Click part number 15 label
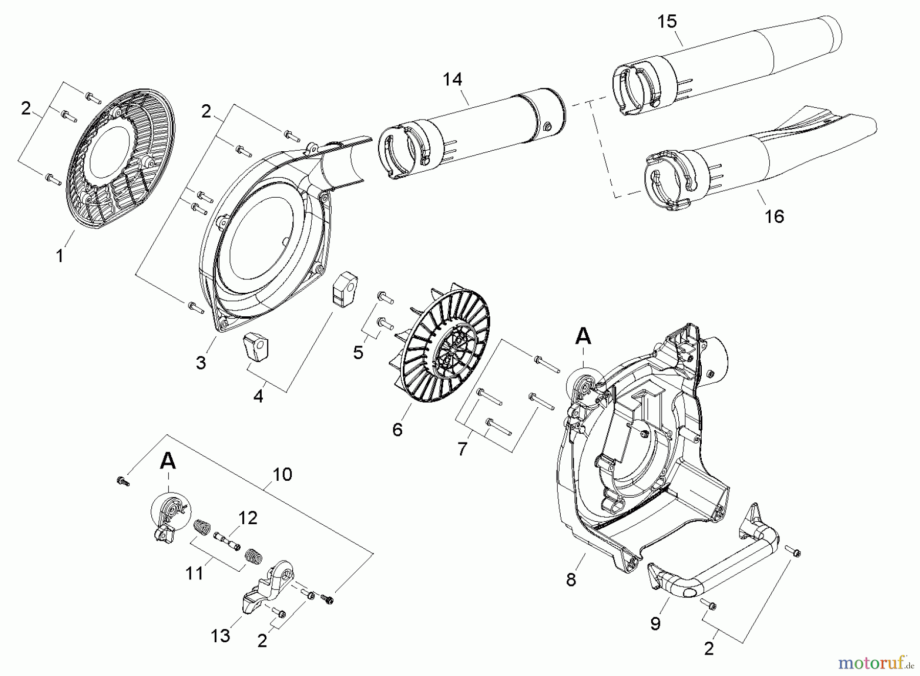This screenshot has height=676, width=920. point(668,21)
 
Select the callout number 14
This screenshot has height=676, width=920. point(452,79)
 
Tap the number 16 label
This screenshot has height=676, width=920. point(774,217)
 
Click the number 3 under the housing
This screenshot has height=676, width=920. point(201,363)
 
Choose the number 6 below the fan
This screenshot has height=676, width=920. point(397,430)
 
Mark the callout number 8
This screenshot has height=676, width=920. point(571,580)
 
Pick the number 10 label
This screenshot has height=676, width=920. point(282,474)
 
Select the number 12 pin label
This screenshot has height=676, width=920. point(247,518)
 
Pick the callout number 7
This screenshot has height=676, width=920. point(462,449)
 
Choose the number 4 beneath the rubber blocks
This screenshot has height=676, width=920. point(258,396)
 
